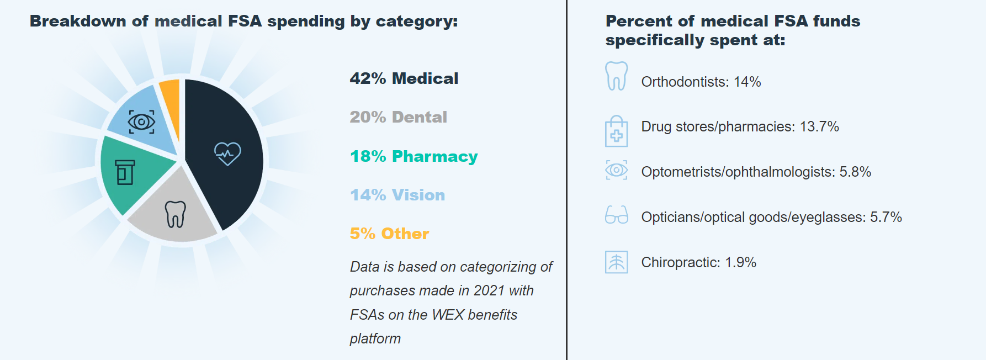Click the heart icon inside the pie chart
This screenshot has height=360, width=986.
227,153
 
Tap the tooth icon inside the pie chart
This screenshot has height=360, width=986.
176,214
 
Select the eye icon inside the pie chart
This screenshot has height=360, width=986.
141,121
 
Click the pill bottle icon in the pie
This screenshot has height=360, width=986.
125,172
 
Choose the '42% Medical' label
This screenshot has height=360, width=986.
404,78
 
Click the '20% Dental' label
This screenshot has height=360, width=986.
398,117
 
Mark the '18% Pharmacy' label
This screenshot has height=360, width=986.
414,156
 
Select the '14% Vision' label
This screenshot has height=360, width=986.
397,195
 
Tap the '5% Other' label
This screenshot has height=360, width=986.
389,234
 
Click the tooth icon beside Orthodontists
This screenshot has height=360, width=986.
616,76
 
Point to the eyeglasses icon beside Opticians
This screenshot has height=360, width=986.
616,215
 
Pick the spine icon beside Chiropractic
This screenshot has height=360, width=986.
616,262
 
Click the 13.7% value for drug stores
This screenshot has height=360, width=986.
819,126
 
